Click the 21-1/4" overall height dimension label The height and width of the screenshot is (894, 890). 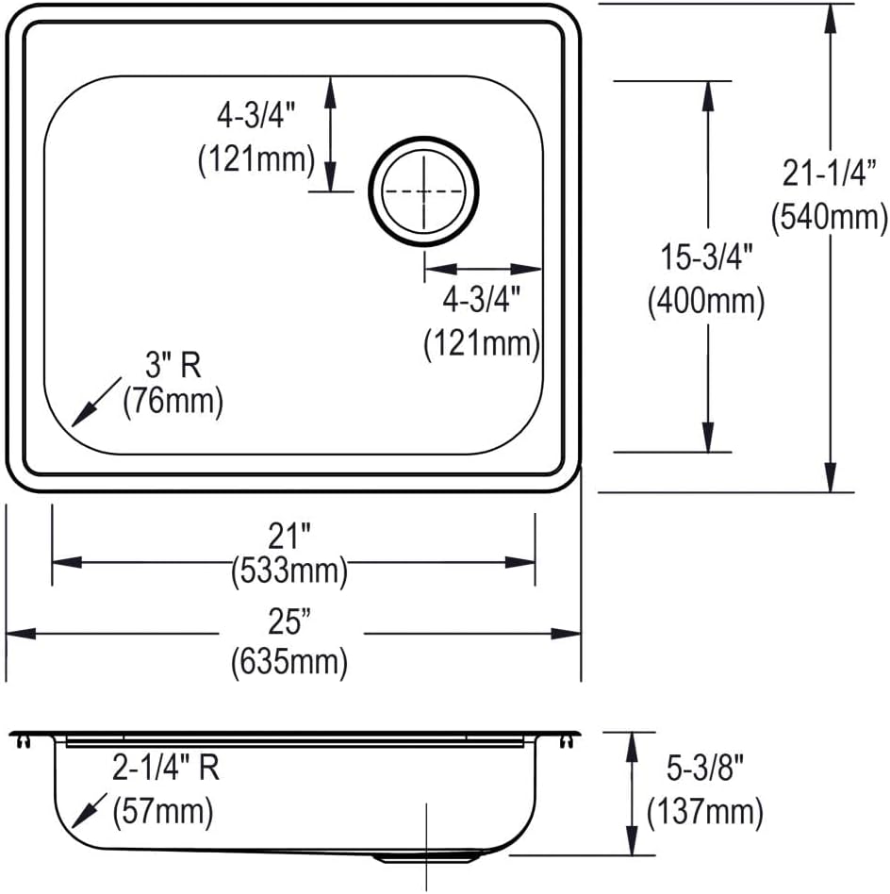(828, 174)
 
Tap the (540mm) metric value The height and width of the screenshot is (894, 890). (828, 218)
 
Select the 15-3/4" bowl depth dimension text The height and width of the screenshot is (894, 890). (704, 257)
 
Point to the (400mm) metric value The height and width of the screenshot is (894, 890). (704, 302)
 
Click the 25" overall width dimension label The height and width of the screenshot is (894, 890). (289, 621)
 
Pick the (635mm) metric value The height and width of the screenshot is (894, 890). (289, 663)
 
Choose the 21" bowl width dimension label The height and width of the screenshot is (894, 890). (289, 538)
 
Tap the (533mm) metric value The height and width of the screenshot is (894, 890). (289, 570)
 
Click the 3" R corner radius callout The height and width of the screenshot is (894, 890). (173, 364)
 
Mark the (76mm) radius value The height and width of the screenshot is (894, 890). (173, 403)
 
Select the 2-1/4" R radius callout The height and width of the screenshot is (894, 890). (166, 769)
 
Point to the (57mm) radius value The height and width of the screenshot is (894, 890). (162, 809)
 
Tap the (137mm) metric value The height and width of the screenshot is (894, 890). (703, 811)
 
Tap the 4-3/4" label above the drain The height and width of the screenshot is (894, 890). (255, 117)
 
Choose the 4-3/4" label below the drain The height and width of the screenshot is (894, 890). (482, 301)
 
